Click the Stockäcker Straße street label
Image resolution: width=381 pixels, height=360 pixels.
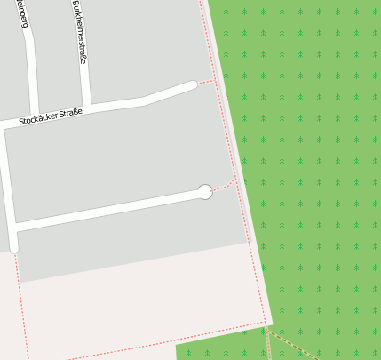coord(51,115)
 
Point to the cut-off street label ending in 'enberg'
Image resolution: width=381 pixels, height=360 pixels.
coord(22,13)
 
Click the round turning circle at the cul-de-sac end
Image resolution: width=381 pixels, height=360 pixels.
coord(204,192)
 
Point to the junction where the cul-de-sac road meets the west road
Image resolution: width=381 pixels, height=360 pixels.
coord(14,229)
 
